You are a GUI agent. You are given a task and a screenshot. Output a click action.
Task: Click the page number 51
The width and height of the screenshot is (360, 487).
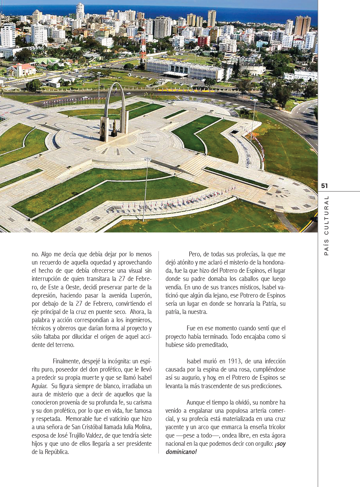pyautogui.click(x=324, y=186)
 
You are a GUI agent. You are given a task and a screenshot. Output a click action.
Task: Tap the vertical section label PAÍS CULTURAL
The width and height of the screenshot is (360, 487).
pyautogui.click(x=326, y=226)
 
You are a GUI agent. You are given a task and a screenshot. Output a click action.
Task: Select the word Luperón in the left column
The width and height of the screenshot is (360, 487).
pyautogui.click(x=141, y=296)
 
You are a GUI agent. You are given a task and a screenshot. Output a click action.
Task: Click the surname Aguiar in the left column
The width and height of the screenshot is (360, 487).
pyautogui.click(x=39, y=386)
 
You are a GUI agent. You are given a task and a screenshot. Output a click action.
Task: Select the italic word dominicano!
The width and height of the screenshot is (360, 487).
pyautogui.click(x=181, y=452)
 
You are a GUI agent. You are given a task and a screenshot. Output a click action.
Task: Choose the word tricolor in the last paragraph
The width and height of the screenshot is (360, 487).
pyautogui.click(x=275, y=427)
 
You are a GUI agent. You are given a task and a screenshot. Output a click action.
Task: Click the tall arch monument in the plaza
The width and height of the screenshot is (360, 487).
pyautogui.click(x=115, y=110)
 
